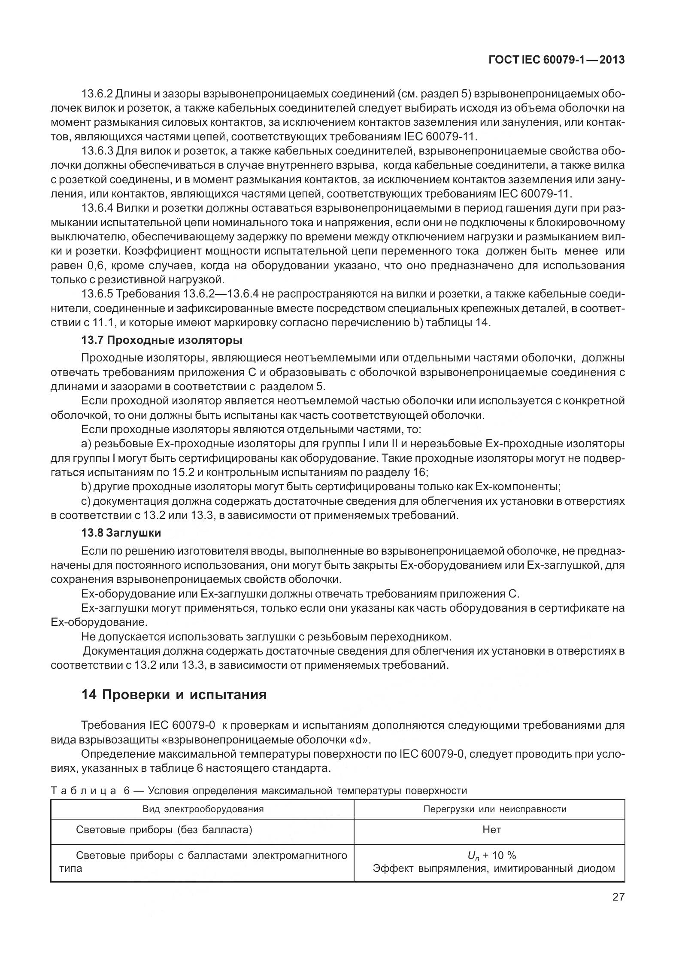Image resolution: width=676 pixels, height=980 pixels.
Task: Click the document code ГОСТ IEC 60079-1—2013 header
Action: click(x=556, y=60)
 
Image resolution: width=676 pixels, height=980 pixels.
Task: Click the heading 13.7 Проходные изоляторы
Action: click(x=162, y=340)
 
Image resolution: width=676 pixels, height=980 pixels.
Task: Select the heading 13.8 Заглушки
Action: click(x=121, y=533)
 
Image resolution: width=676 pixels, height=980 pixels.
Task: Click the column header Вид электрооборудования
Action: click(x=203, y=809)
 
